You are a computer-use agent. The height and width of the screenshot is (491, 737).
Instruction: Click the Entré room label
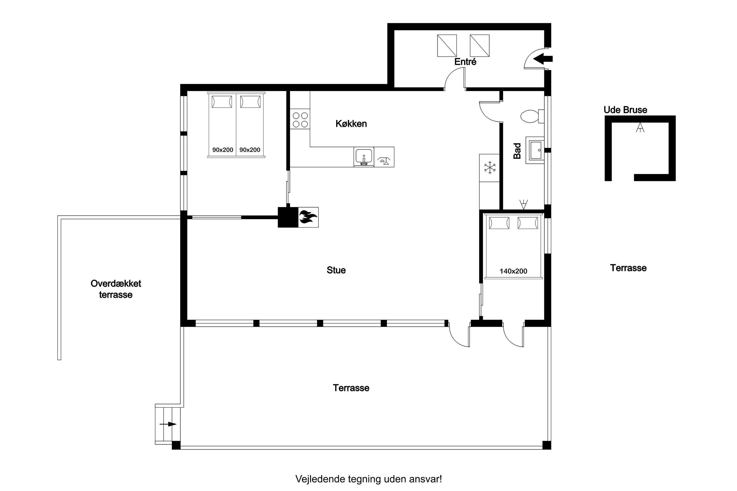tap(465, 62)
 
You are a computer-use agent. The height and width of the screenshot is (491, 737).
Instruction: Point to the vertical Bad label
tap(517, 151)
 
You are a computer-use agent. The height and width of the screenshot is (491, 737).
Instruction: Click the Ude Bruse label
tap(626, 110)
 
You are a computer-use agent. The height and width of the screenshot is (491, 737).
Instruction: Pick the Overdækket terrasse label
tap(116, 289)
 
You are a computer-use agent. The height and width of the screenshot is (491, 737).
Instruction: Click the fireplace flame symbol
tap(308, 217)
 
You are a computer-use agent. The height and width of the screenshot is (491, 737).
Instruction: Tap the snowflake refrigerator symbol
tap(490, 168)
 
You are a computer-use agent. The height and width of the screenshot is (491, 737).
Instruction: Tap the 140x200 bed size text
tap(513, 271)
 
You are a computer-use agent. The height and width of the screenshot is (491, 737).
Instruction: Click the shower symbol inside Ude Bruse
tap(640, 128)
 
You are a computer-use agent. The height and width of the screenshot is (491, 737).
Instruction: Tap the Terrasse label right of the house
tap(628, 268)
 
